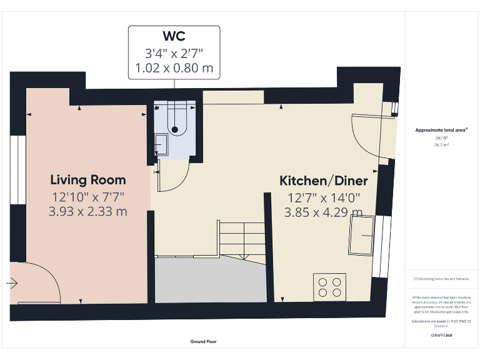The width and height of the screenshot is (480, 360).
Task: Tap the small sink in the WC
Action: tap(158, 144)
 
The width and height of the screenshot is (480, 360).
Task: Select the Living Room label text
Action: tap(88, 180)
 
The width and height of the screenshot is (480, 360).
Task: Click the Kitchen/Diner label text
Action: tap(323, 181)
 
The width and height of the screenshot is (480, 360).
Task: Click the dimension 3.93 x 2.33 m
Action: tap(88, 212)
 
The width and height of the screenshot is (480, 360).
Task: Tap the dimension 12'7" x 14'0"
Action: tap(323, 198)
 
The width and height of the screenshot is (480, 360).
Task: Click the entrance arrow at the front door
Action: tap(12, 283)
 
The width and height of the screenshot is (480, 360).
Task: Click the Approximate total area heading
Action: tap(441, 130)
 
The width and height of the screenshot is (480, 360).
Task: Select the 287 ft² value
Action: tap(441, 137)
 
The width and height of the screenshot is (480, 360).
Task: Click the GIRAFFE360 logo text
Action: tap(441, 336)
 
